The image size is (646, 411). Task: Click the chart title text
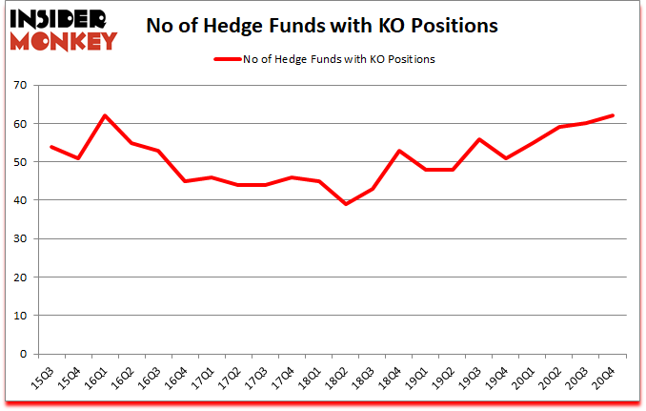[x=322, y=26]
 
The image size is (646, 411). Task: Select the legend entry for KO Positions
[x=324, y=59]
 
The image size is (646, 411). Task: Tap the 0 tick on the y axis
[x=27, y=354]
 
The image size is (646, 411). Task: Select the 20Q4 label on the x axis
[x=600, y=374]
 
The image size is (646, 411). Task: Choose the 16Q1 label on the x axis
[x=97, y=374]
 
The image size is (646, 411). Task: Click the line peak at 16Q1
[x=104, y=116]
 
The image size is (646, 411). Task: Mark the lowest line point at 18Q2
[x=346, y=204]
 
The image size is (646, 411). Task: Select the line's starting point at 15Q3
[x=50, y=147]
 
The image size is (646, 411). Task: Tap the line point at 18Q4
[x=399, y=151]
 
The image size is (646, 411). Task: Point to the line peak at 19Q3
[x=480, y=139]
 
